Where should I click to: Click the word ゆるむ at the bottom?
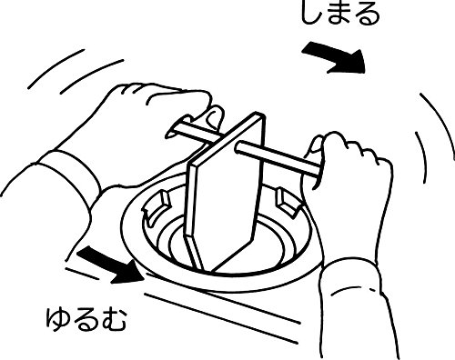[x=86, y=319]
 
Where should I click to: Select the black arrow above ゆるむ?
[x=111, y=265]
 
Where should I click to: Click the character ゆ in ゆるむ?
[x=58, y=319]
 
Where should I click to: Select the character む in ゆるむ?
[x=114, y=320]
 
